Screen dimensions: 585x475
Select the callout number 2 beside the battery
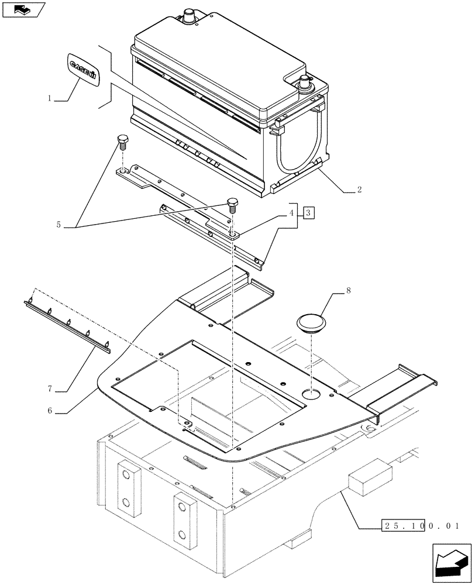(x=359, y=190)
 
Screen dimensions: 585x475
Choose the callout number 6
(x=51, y=411)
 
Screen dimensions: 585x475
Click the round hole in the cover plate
(x=312, y=395)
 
